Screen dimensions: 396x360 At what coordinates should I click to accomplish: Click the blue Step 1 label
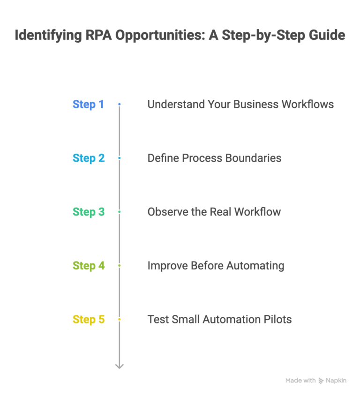(x=88, y=104)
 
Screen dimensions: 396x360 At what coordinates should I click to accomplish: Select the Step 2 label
(x=89, y=158)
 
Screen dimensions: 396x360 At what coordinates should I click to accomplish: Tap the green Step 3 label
(x=89, y=212)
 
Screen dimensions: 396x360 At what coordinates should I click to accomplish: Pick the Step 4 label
(x=89, y=266)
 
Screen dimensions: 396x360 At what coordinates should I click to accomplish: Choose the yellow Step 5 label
(x=89, y=320)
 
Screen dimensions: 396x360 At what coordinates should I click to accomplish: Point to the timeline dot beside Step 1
(x=120, y=104)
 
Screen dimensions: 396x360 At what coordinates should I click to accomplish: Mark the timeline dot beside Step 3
(x=120, y=212)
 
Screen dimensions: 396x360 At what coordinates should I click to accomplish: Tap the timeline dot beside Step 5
(x=120, y=320)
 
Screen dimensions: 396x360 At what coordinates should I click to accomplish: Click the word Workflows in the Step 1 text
(x=307, y=104)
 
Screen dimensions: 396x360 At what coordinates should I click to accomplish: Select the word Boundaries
(x=255, y=158)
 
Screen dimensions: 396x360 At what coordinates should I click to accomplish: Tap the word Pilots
(x=277, y=320)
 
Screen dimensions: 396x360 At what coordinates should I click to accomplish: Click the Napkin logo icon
(x=321, y=381)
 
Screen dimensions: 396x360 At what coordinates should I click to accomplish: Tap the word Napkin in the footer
(x=337, y=381)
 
